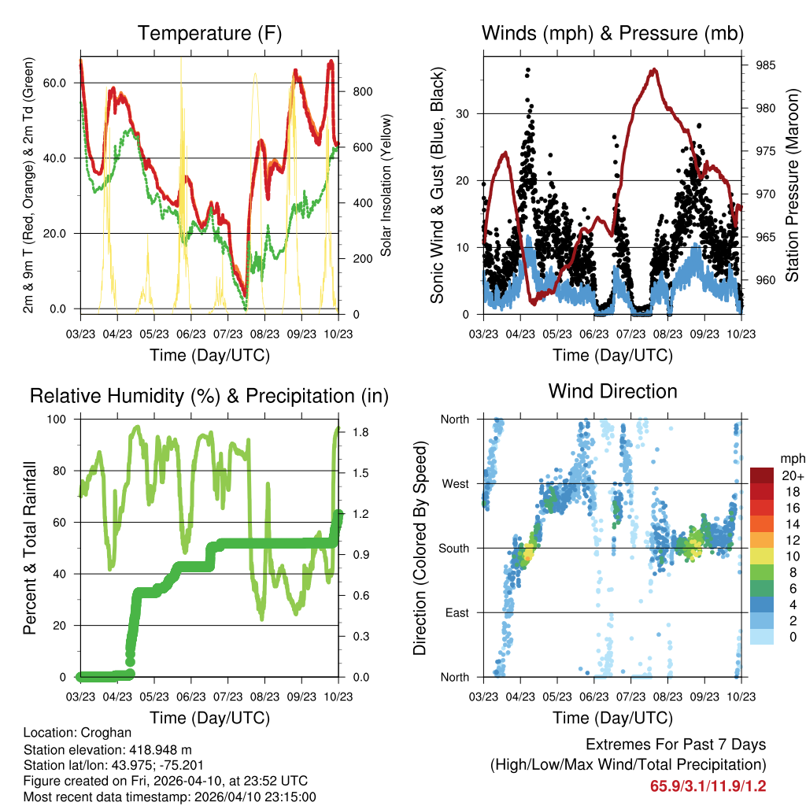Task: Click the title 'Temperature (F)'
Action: coord(209,33)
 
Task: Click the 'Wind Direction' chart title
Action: coord(612,390)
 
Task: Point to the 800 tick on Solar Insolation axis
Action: coord(362,91)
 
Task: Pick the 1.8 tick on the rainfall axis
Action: coord(358,432)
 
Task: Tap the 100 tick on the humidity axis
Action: coord(59,419)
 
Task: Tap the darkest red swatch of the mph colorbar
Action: coord(763,475)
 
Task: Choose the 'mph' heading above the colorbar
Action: coord(791,458)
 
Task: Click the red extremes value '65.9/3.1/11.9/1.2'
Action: coord(708,786)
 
